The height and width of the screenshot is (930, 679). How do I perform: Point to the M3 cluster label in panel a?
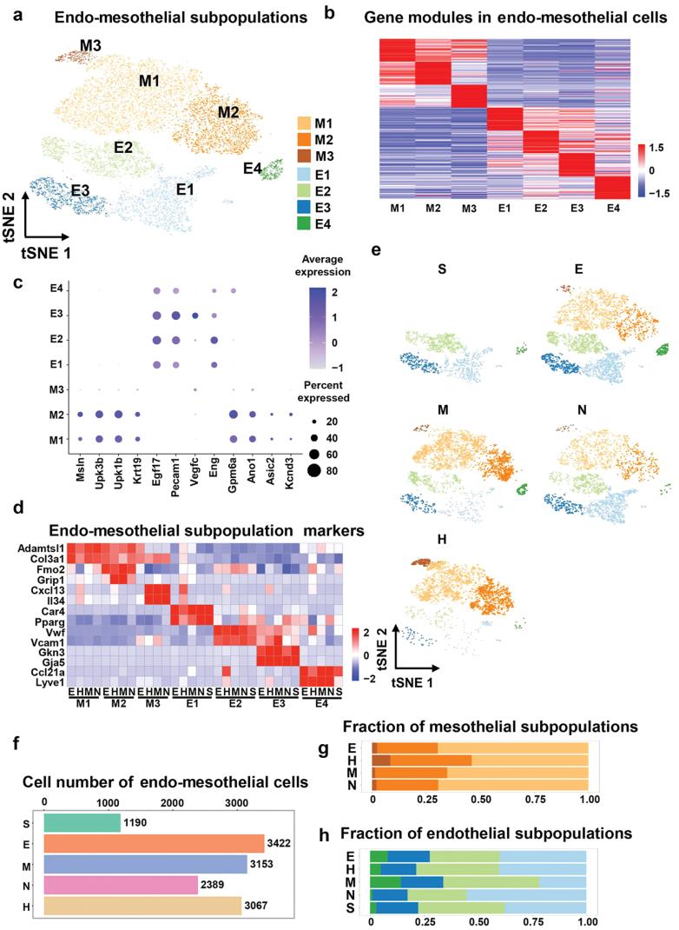90,44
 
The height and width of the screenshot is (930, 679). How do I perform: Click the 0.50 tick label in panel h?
479,918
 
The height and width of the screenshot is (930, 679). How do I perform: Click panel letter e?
376,252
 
